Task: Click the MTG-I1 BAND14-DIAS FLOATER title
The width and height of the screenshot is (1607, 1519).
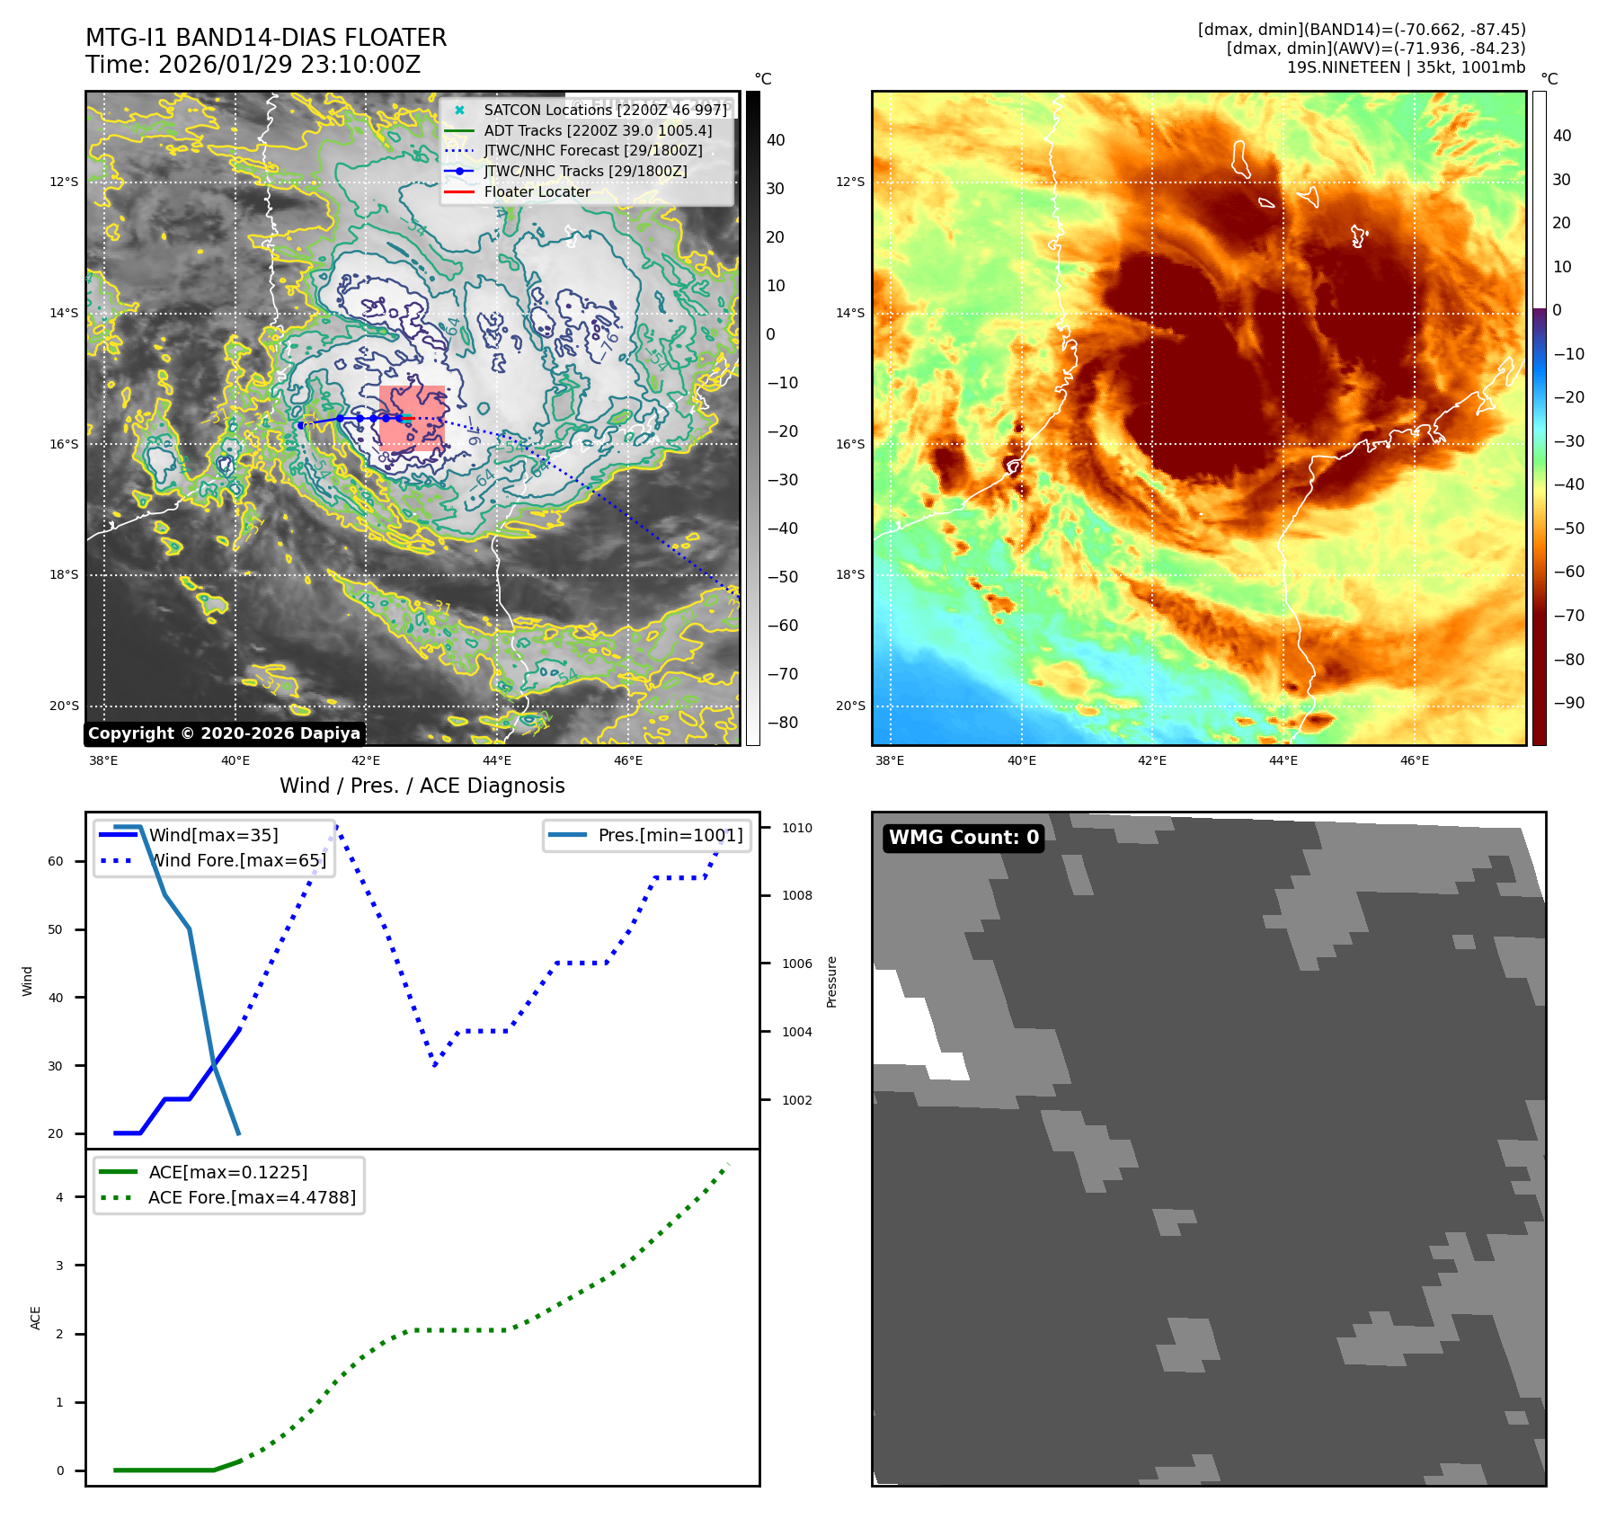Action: pos(266,38)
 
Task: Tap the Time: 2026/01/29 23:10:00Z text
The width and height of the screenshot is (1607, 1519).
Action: pos(253,65)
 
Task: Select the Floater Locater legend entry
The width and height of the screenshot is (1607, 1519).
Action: pos(537,191)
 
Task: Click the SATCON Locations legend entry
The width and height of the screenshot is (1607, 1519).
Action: pos(605,110)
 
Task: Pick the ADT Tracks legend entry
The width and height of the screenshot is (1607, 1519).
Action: pos(598,130)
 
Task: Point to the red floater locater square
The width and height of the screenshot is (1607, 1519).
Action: pos(412,418)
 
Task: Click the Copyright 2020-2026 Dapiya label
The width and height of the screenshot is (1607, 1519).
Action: pos(224,733)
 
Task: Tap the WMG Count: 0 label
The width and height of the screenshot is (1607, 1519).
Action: pos(963,838)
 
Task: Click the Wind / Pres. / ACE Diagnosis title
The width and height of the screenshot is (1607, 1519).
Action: pos(422,786)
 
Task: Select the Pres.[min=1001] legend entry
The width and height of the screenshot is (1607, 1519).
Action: pos(670,835)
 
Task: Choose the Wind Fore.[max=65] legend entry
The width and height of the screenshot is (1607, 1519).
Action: pos(237,860)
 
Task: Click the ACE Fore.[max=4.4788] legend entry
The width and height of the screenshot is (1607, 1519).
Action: pos(252,1197)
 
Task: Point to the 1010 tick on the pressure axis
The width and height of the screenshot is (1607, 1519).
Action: pos(796,828)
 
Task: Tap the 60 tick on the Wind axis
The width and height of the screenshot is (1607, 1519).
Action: pos(56,861)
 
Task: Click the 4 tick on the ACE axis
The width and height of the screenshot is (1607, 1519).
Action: pos(60,1197)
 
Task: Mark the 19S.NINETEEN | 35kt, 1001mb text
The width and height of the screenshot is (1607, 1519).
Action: pos(1406,67)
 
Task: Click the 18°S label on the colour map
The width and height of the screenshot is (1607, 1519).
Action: pos(850,574)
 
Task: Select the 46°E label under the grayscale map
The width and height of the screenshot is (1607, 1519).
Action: pos(628,760)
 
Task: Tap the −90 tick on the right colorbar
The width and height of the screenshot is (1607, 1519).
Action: pos(1569,703)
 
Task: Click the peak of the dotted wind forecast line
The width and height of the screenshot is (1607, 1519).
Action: pos(336,825)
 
